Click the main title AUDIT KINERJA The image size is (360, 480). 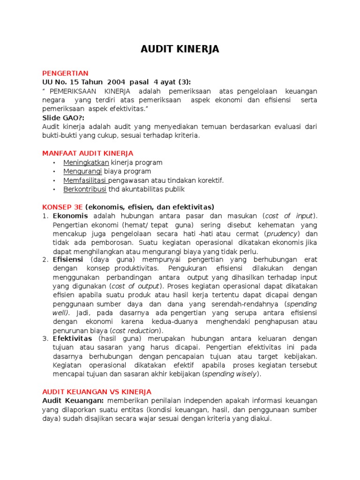pos(180,49)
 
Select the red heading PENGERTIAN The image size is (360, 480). pos(65,73)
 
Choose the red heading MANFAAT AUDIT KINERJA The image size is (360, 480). pos(88,153)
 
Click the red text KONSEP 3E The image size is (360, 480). pos(62,207)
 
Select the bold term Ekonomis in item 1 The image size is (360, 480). pos(70,216)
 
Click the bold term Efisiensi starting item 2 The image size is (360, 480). pos(68,259)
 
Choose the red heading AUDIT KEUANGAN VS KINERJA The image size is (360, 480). pos(97,391)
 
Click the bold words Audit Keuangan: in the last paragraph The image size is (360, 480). pos(73,400)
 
